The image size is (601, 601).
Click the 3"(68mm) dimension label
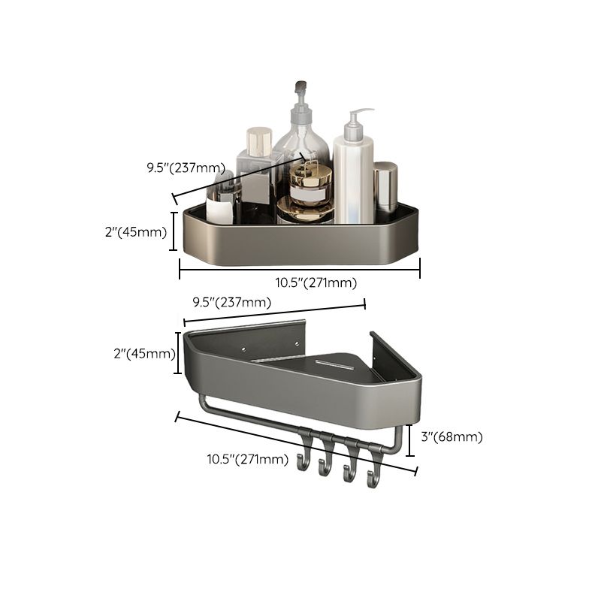pos(451,436)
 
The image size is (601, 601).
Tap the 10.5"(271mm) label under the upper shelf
pos(316,282)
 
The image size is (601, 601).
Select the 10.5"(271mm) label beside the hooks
pos(248,460)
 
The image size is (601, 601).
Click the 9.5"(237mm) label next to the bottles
pos(186,168)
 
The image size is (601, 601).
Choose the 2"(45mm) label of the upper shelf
pos(135,232)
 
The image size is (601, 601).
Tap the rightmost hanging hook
pos(372,475)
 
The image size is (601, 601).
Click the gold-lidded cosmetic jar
pos(310,188)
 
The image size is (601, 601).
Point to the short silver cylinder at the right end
pos(385,188)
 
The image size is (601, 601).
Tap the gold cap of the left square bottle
pos(258,140)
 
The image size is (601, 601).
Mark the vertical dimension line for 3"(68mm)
pos(409,439)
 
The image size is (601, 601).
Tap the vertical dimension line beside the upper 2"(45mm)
pos(174,231)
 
